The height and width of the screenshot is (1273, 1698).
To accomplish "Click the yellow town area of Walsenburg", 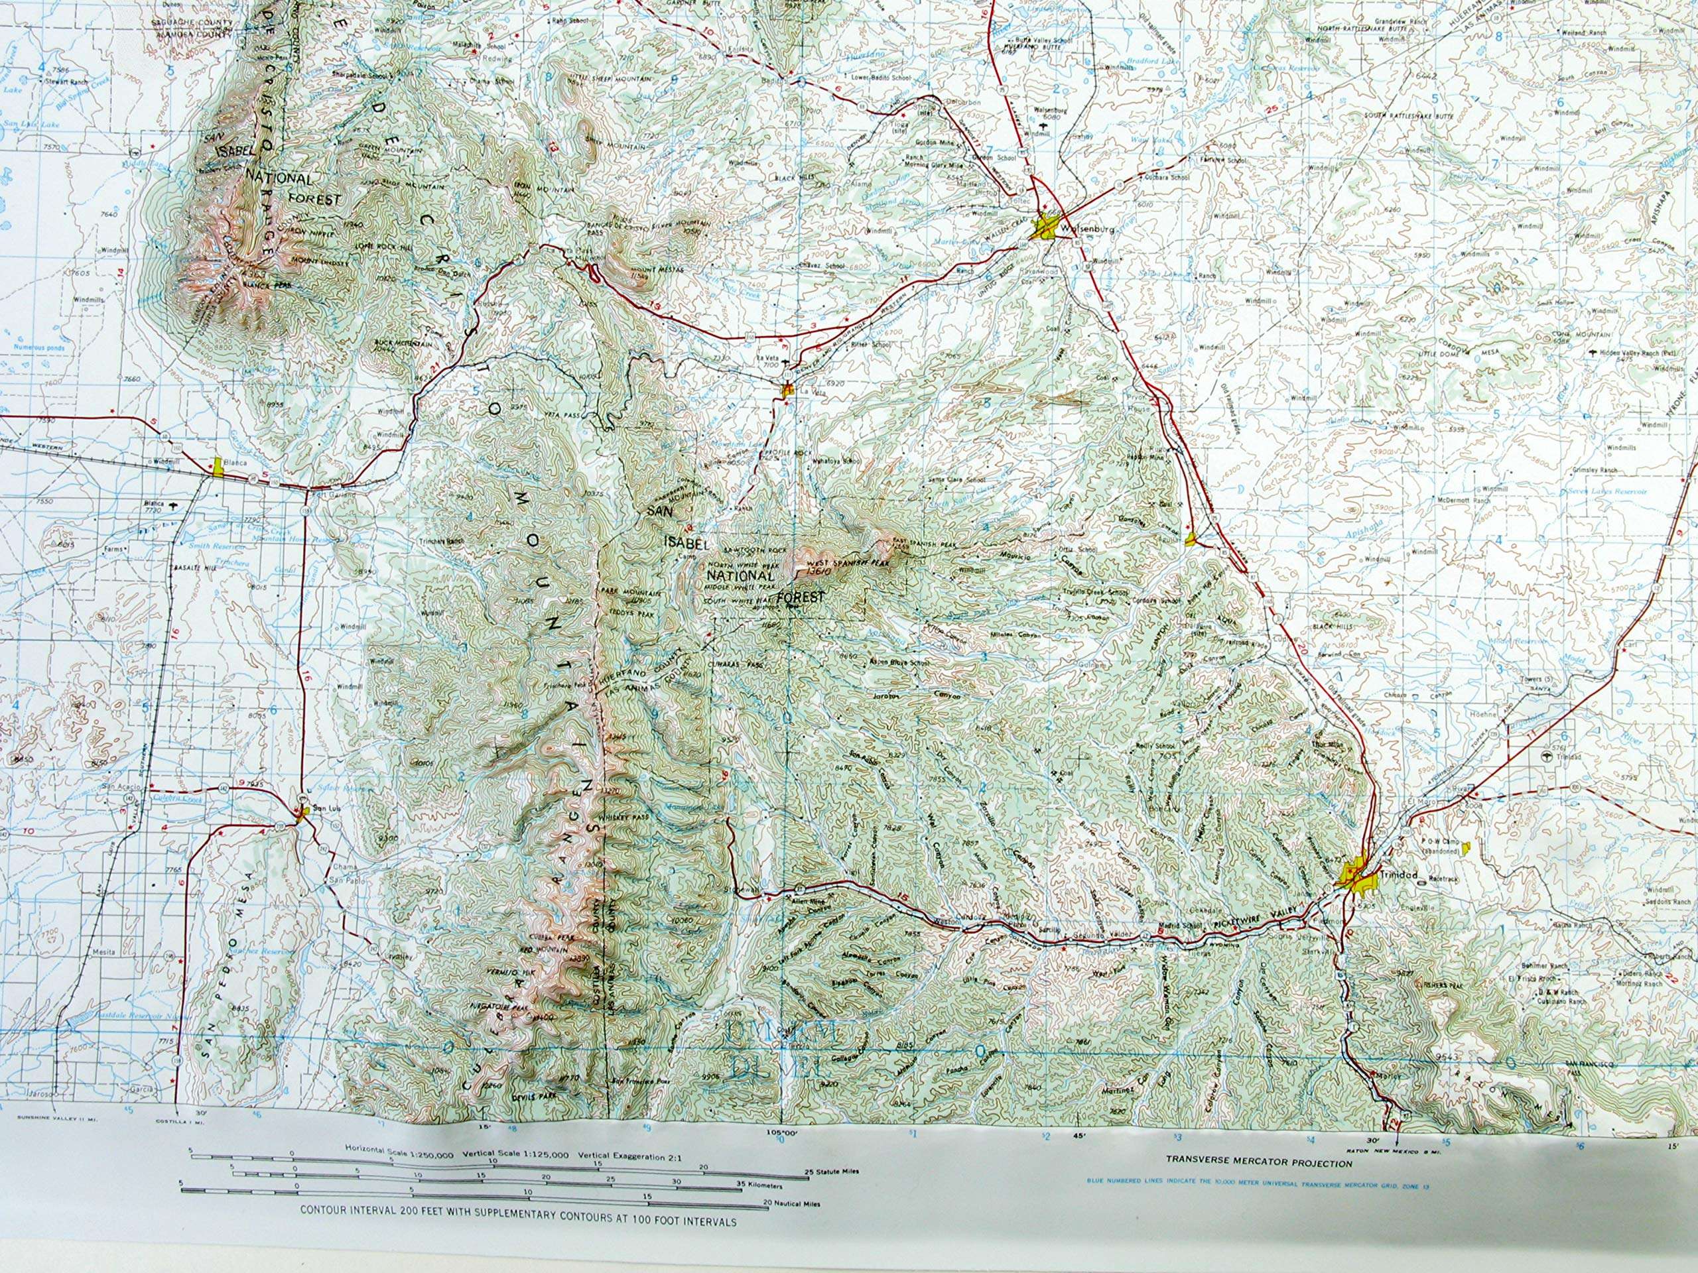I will [x=1045, y=227].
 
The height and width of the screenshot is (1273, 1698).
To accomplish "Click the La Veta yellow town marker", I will [x=787, y=390].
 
